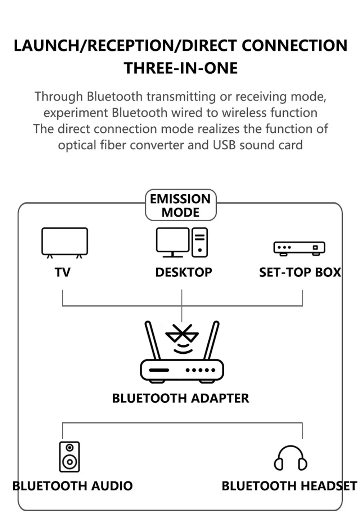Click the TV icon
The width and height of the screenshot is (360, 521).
coord(64,242)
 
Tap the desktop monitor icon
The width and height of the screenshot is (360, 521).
coord(172,241)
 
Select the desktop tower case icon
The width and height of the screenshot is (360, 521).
coord(200,242)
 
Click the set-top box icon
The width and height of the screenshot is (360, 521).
coord(299,248)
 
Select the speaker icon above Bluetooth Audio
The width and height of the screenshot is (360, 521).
coord(69,457)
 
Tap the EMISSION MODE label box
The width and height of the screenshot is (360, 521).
coord(181,205)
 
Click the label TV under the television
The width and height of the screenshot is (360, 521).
coord(63,272)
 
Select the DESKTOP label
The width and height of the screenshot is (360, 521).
coord(184,272)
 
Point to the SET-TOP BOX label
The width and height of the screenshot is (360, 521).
coord(300,272)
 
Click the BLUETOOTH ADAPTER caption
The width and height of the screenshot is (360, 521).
coord(180,398)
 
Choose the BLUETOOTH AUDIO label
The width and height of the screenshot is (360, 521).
coord(73,486)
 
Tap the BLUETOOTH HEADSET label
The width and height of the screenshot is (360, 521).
coord(289,486)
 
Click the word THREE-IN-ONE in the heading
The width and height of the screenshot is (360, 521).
coord(181,68)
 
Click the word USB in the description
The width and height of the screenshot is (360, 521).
coord(225,145)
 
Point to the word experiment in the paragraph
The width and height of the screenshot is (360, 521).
coord(76,113)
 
